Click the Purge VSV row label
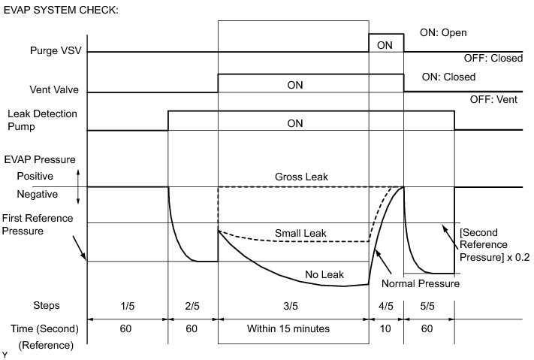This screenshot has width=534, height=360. (54, 52)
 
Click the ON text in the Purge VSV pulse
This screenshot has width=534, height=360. (385, 45)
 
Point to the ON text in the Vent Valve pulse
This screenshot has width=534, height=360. (295, 86)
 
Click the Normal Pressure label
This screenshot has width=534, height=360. (419, 284)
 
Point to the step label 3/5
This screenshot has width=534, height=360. (293, 306)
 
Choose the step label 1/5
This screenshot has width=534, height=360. (127, 306)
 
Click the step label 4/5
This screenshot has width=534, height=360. (385, 306)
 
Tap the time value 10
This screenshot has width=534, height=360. (385, 328)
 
